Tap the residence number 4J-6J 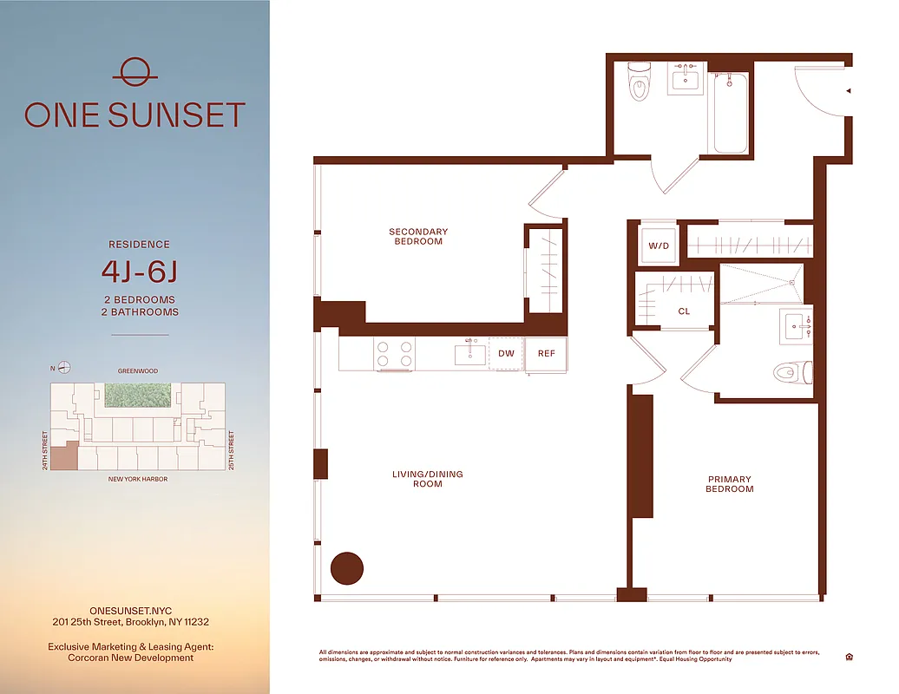[x=140, y=272]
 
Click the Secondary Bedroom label [x=418, y=237]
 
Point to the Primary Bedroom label [x=729, y=484]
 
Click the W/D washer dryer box [x=659, y=246]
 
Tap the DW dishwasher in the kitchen [x=506, y=354]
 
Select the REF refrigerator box [x=546, y=354]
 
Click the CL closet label [x=684, y=311]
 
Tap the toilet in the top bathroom [x=640, y=82]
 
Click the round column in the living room [x=347, y=568]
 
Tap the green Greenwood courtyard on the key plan [x=137, y=396]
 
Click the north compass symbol [x=63, y=368]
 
